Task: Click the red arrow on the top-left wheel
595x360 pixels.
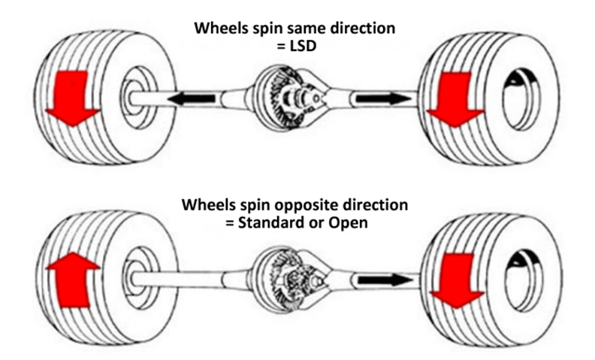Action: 72,98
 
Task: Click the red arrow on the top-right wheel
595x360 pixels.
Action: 455,99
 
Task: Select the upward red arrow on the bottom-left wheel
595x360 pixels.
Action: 72,280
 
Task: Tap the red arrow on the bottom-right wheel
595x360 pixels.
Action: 458,281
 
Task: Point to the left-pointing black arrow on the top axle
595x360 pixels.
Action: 192,98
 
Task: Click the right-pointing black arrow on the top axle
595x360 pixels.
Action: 383,98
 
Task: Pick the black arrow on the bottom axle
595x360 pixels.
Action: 385,280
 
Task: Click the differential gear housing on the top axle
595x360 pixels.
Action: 289,98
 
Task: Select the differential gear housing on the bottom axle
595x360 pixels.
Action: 290,279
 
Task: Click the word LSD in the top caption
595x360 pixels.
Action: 303,46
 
